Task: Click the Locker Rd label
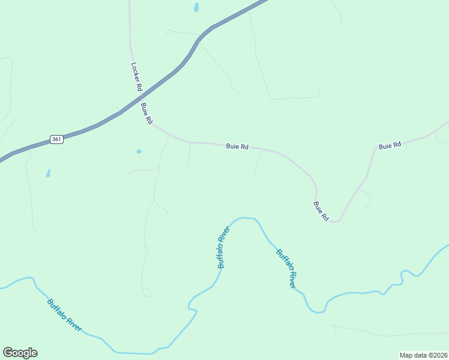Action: coord(136,76)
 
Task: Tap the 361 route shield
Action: coord(56,139)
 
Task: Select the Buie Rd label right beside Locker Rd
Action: coord(146,113)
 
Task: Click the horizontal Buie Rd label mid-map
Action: coord(237,146)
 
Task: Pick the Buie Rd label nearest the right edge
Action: coord(390,146)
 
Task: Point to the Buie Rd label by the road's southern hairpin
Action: coord(321,211)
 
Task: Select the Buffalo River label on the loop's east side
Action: coord(286,268)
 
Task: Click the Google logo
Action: coord(20,353)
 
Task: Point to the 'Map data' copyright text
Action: coord(414,355)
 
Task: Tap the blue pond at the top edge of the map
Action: coord(196,7)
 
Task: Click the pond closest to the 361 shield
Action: coord(48,173)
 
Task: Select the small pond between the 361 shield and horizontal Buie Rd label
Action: coord(139,151)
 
